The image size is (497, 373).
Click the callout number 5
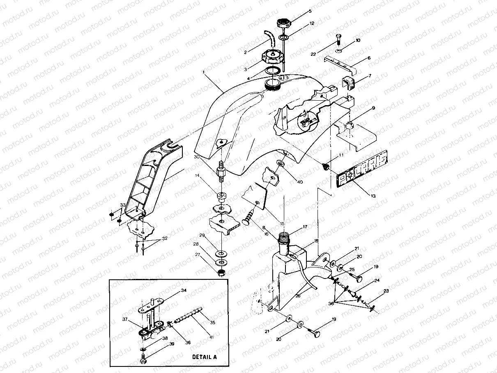pos(310,11)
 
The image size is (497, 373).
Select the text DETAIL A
pos(204,357)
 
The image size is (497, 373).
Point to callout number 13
pos(373,196)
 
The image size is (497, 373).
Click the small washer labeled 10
pos(338,51)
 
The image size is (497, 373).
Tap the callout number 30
pos(197,157)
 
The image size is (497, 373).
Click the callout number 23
pos(385,291)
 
